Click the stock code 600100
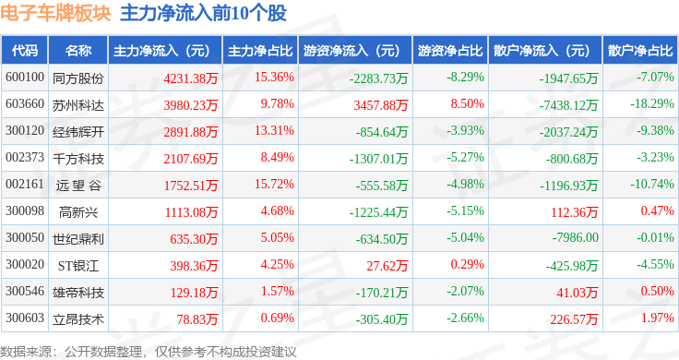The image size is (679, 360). (x=25, y=78)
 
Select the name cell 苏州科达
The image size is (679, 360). (x=78, y=105)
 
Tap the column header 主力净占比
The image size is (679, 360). (x=260, y=51)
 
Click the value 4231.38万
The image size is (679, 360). (x=191, y=78)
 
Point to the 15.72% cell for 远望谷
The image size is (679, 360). (x=274, y=184)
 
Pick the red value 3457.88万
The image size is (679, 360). (x=381, y=105)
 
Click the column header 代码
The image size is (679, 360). (x=25, y=51)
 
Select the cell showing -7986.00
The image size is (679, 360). (x=575, y=237)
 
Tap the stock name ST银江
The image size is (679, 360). (x=78, y=266)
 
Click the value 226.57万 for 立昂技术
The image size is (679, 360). (x=574, y=319)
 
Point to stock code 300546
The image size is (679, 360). (x=25, y=291)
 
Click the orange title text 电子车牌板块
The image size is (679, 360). (x=55, y=13)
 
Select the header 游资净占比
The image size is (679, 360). (x=450, y=51)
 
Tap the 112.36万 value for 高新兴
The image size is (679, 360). (x=574, y=212)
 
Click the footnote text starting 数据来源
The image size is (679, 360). (x=149, y=352)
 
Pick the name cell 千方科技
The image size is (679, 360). (x=78, y=159)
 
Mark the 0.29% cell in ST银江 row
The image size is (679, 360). (x=467, y=264)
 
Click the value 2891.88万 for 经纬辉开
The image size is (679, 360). (x=191, y=132)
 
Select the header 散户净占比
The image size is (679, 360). (x=640, y=51)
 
